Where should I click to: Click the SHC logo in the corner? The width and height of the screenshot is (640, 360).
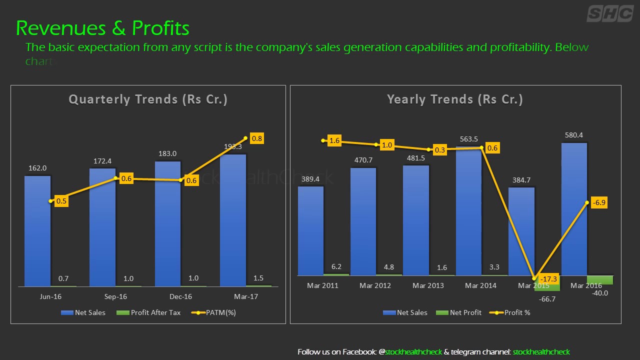pos(609,13)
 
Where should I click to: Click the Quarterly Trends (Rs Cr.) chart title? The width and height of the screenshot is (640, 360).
pos(148,99)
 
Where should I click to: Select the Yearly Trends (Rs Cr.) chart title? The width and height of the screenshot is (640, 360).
pos(455,99)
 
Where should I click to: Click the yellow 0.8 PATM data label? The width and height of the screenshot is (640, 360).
pos(257,139)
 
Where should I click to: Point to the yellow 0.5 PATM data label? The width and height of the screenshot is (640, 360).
pos(61,201)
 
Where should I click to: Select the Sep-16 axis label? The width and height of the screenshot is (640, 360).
pos(115,296)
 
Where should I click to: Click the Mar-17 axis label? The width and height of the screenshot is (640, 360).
pos(246,296)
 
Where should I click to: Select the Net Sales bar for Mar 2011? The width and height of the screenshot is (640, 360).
pos(310,230)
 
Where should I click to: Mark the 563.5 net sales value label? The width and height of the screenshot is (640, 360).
pos(468,139)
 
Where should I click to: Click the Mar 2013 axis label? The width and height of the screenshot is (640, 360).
pos(428,285)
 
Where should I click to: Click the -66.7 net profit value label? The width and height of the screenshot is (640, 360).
pos(547,299)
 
